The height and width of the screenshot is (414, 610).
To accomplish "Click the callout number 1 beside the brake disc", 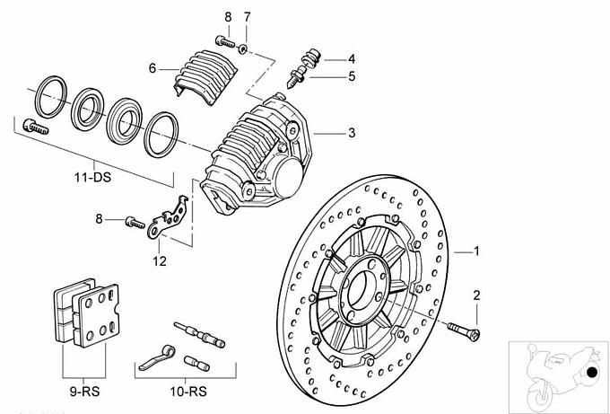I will tap(476, 251).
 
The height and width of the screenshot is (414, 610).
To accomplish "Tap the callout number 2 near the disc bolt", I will tap(476, 295).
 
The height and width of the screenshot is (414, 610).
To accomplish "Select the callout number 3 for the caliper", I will tap(352, 133).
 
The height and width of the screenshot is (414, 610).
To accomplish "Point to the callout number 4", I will tap(352, 58).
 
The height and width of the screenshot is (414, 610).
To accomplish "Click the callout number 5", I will tap(352, 76).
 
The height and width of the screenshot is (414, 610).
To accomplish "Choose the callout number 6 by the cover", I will tap(152, 67).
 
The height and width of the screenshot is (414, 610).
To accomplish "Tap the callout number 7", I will tap(248, 17).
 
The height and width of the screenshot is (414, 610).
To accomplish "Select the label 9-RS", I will tap(83, 392).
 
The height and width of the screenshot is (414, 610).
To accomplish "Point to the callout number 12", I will tap(160, 262).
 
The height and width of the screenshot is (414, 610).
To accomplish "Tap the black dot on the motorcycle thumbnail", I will tap(591, 374).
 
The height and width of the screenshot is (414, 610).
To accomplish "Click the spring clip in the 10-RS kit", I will tap(156, 357).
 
